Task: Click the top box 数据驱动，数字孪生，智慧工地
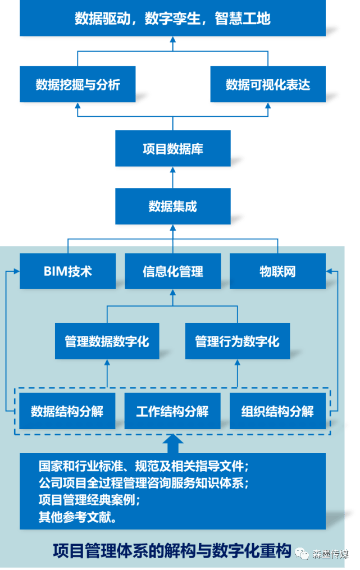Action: point(172,19)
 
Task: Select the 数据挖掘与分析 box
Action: point(78,84)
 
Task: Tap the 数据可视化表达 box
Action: point(267,84)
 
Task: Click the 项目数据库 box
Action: point(172,149)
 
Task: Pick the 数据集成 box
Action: point(172,206)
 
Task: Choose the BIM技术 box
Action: point(67,271)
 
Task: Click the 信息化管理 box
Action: point(172,272)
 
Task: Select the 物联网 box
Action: point(277,272)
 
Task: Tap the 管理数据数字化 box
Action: point(107,341)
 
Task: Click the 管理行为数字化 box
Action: point(237,341)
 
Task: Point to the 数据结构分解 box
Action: point(67,411)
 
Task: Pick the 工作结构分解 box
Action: point(172,411)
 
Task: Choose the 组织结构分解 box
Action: point(277,411)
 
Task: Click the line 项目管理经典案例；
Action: point(89,499)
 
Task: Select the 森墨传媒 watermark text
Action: point(331,554)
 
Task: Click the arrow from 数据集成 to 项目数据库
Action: point(172,177)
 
